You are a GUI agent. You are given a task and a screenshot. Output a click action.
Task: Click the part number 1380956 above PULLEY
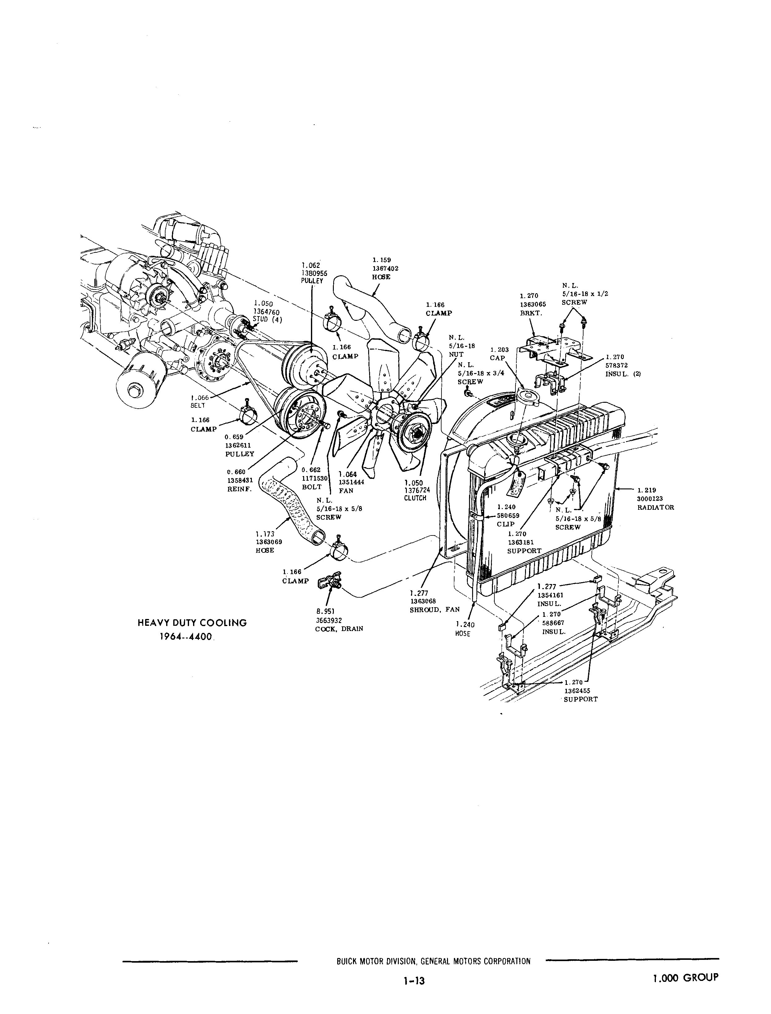coord(314,273)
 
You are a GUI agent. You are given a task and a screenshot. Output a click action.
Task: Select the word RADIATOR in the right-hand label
coord(655,507)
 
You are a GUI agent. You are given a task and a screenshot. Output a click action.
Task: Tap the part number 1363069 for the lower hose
coord(269,542)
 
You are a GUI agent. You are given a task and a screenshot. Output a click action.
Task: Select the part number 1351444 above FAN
coord(351,482)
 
